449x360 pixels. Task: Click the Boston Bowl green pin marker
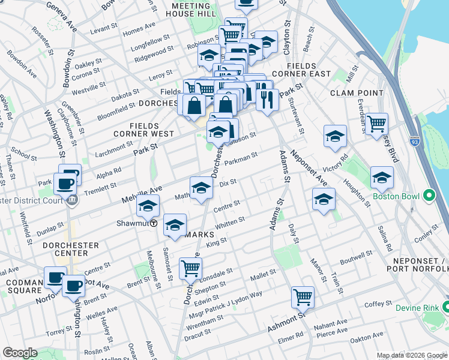(429, 196)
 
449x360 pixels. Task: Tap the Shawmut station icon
(154, 223)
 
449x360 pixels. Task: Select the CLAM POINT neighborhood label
(357, 93)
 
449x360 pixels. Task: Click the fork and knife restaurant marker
(267, 98)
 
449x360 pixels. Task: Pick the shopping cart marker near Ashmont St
(303, 296)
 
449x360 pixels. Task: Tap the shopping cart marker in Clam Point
(376, 124)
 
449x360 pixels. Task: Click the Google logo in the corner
(19, 353)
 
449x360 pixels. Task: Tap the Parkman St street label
(241, 158)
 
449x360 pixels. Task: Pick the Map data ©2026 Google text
(412, 355)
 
